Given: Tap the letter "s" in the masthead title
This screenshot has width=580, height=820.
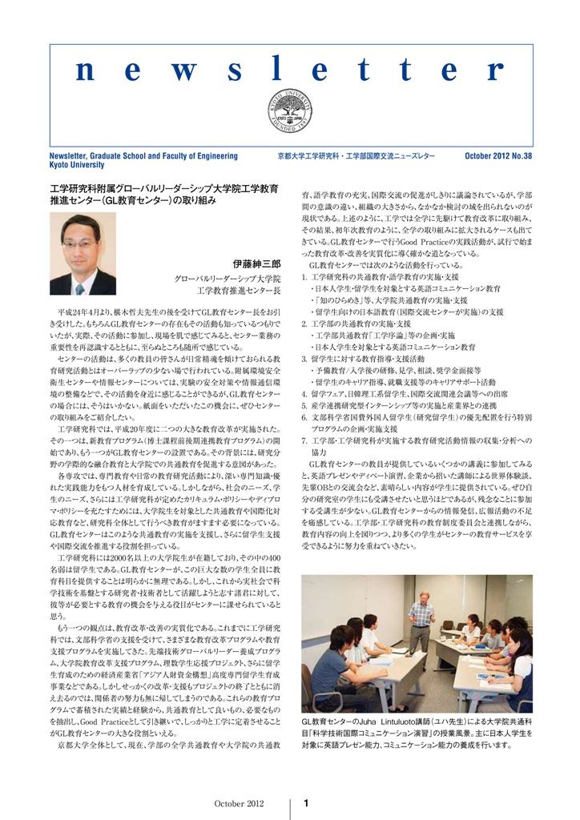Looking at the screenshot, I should pyautogui.click(x=235, y=71).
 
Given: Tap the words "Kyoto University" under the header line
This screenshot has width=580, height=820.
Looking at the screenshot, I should pyautogui.click(x=77, y=165).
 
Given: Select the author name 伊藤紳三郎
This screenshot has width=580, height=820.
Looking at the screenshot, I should pyautogui.click(x=256, y=263).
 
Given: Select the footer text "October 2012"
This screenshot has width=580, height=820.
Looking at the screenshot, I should pyautogui.click(x=238, y=803).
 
